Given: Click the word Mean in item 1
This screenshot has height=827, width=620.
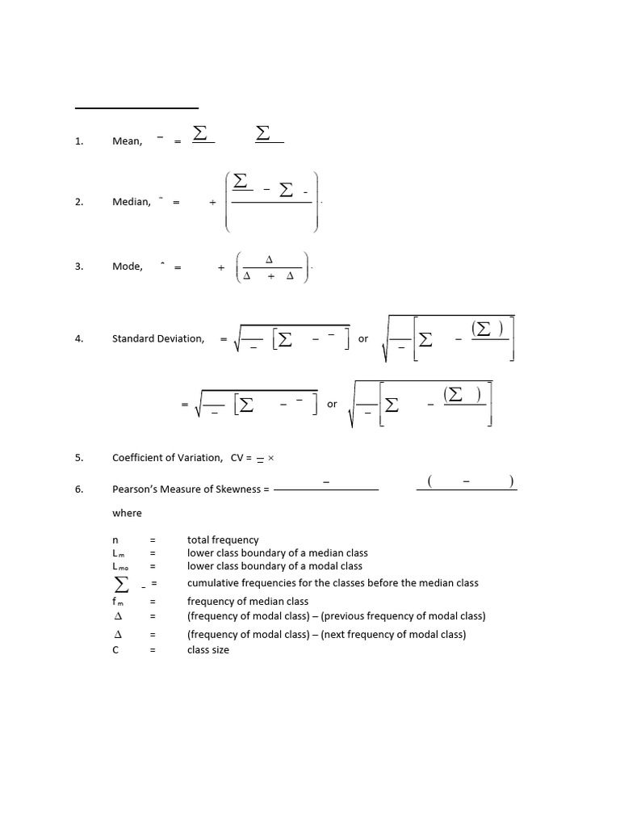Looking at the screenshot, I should (127, 141).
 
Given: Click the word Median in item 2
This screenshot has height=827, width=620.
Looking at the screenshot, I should (131, 202).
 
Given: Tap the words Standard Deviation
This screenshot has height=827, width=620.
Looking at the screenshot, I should (158, 338).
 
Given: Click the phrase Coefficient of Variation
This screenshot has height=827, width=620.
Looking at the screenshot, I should (167, 458).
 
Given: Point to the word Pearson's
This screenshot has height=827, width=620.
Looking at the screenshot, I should (132, 489).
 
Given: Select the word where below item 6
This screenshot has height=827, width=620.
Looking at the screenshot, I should (127, 513).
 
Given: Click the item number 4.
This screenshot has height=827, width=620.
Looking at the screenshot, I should (79, 338).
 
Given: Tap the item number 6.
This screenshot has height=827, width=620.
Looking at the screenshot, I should (79, 489).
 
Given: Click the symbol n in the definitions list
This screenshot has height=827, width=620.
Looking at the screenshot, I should (115, 539).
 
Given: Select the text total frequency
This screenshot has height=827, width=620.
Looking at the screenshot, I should (223, 539).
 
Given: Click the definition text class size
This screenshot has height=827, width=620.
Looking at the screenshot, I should (208, 649).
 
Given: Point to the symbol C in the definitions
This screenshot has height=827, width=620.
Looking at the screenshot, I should (115, 649).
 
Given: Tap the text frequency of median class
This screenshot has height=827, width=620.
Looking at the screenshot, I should (248, 601).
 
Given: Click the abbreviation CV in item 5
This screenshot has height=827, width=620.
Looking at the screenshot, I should (237, 458).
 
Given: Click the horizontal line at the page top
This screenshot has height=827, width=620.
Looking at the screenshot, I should (136, 107).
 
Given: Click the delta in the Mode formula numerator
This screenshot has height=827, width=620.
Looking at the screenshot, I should (270, 258).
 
